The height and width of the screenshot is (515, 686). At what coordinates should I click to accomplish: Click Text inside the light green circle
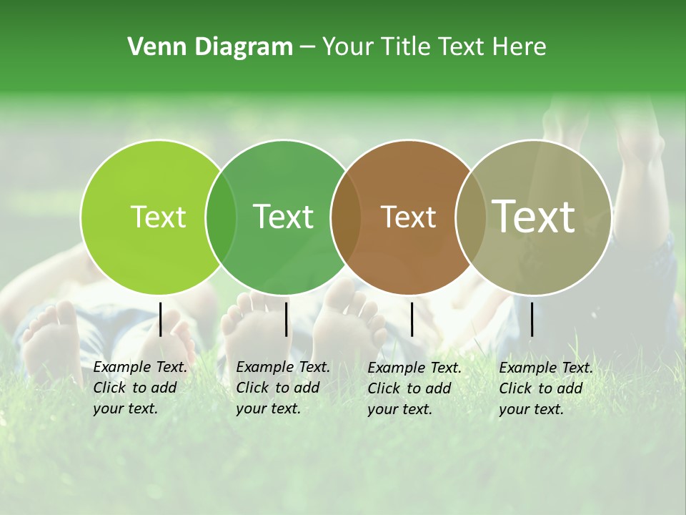tap(158, 217)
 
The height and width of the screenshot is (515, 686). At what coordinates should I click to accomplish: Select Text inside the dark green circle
tap(283, 217)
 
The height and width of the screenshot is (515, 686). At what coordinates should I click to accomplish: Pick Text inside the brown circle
tap(408, 217)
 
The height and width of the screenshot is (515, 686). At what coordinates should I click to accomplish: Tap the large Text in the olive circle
tap(533, 216)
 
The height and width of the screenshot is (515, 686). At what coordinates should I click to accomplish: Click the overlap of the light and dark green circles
tap(221, 217)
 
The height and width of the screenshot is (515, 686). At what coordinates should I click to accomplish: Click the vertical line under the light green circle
tap(161, 319)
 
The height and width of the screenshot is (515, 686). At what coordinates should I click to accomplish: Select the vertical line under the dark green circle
tap(286, 319)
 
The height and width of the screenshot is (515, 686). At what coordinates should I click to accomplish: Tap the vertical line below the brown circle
tap(412, 319)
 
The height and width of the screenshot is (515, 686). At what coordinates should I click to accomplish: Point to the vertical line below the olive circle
tap(532, 319)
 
